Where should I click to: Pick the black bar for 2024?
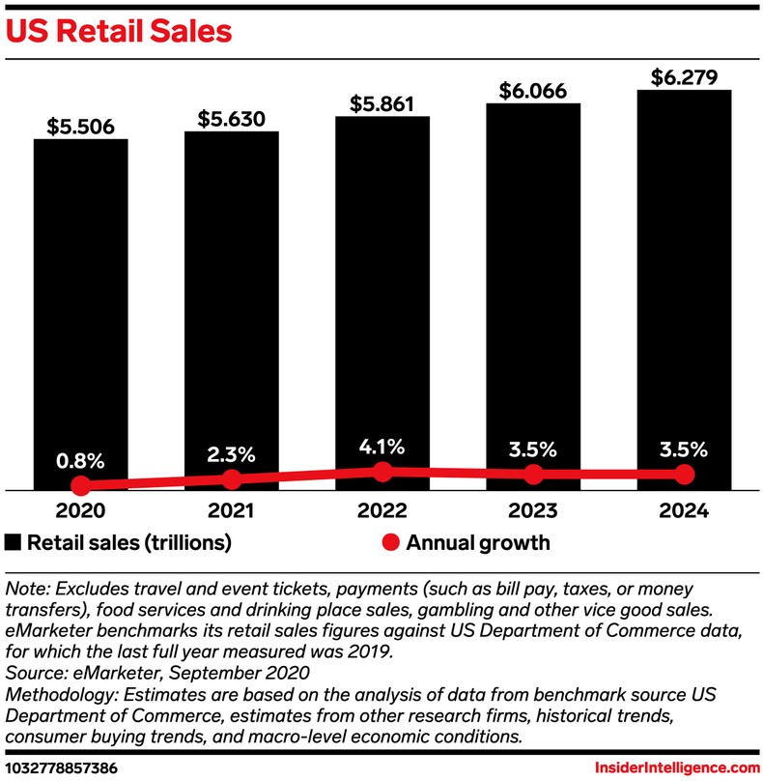click(x=684, y=280)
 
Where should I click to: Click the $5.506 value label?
click(x=81, y=125)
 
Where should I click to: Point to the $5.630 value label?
click(x=232, y=117)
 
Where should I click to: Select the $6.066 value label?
click(x=533, y=90)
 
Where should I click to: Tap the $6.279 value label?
click(x=684, y=76)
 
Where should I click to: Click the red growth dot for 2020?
click(x=81, y=485)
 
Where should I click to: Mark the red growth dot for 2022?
click(x=382, y=471)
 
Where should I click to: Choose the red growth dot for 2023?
click(x=533, y=475)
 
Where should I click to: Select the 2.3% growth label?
click(x=232, y=452)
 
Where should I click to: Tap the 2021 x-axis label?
click(x=232, y=510)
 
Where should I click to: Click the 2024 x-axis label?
click(x=684, y=510)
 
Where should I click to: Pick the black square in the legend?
click(x=14, y=542)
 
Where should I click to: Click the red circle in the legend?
click(x=389, y=542)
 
